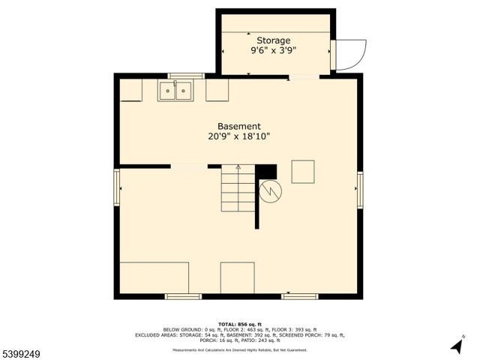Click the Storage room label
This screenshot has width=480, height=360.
[274, 40]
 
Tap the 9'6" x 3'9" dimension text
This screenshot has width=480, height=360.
[274, 51]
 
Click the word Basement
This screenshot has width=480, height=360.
[239, 126]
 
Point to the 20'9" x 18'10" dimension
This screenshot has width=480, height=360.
[239, 136]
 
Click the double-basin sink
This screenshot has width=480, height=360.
[175, 91]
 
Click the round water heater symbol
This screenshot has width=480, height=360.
[269, 193]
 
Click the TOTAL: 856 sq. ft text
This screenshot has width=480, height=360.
[240, 324]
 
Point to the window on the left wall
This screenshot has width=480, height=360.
[116, 187]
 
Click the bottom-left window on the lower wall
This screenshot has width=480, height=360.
[183, 296]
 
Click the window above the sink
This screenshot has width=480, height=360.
[185, 76]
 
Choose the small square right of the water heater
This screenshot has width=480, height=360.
[303, 172]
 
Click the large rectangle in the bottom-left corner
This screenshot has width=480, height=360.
[154, 277]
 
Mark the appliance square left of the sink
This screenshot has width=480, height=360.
[131, 90]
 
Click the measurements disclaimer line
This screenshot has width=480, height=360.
[240, 349]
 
